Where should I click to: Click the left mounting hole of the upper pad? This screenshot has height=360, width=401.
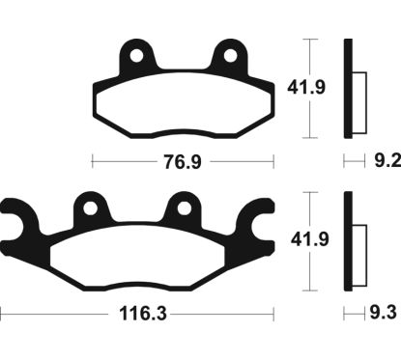pyautogui.click(x=138, y=56)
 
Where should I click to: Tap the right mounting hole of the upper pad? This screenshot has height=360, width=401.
pyautogui.click(x=230, y=56)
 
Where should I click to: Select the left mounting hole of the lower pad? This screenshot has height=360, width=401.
pyautogui.click(x=92, y=207)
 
